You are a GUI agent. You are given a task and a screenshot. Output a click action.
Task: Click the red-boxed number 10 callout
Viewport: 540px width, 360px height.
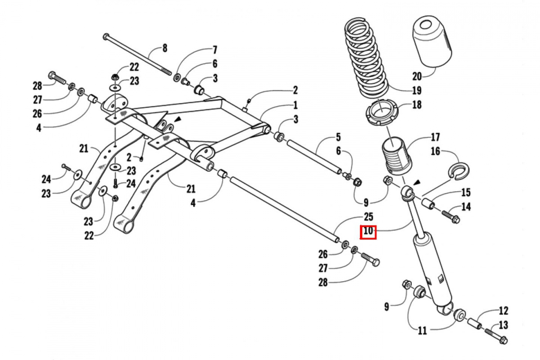368,231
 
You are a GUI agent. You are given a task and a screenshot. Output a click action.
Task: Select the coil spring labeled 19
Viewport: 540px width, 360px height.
366,58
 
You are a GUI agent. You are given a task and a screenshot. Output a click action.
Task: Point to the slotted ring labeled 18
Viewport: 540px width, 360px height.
382,113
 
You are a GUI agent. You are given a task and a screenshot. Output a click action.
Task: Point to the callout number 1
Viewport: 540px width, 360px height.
295,106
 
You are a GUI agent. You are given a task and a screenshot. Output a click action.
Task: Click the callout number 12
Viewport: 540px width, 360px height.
504,310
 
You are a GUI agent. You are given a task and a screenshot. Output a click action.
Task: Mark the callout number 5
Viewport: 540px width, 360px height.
338,137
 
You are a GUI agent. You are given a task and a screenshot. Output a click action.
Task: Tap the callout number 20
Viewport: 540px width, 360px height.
417,76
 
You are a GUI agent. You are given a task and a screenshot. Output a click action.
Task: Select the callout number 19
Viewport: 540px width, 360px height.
417,90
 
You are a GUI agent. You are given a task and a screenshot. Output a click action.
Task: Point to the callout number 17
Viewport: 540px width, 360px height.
435,137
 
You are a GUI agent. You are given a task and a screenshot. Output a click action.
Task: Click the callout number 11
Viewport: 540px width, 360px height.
422,330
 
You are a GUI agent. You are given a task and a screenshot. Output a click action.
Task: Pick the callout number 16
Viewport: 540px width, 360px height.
435,152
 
